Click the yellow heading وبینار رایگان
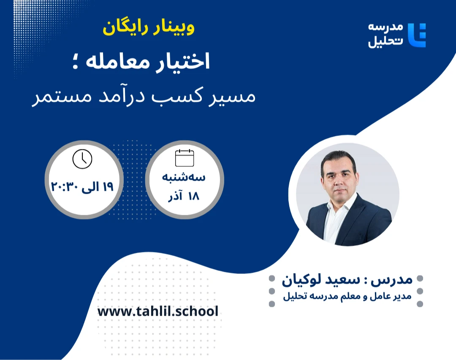pyautogui.click(x=149, y=29)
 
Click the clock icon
pyautogui.click(x=82, y=159)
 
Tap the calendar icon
pyautogui.click(x=185, y=158)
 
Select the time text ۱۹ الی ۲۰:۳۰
pyautogui.click(x=83, y=187)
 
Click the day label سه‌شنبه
pyautogui.click(x=184, y=177)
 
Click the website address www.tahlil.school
pyautogui.click(x=158, y=311)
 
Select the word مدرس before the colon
pyautogui.click(x=396, y=279)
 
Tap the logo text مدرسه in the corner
pyautogui.click(x=385, y=27)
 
